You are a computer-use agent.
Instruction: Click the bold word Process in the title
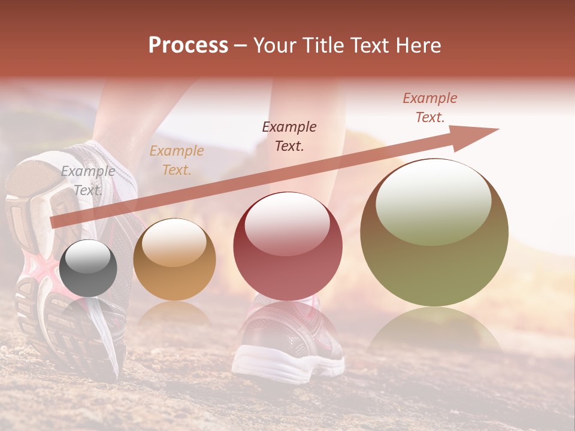[188, 45]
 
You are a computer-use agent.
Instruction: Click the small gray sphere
[88, 269]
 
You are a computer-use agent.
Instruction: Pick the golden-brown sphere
[174, 260]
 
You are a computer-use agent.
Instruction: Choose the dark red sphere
[287, 247]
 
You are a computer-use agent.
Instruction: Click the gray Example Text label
[88, 180]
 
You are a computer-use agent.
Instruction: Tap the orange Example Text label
[177, 160]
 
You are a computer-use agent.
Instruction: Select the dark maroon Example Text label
[289, 136]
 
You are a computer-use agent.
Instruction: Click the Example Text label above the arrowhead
[430, 108]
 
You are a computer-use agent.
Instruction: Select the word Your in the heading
[274, 45]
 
